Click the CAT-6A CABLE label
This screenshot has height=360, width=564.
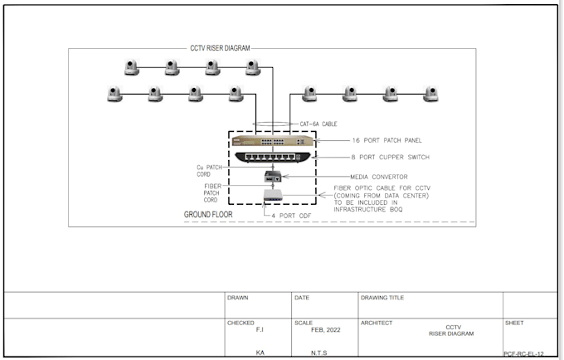click(x=318, y=124)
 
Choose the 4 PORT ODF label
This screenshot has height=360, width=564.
click(x=293, y=216)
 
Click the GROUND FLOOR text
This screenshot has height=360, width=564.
click(x=208, y=215)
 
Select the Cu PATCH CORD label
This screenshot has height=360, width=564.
click(x=209, y=170)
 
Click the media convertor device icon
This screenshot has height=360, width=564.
click(x=271, y=176)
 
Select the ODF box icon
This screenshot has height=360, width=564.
click(x=272, y=196)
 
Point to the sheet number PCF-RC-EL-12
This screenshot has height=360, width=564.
click(x=528, y=353)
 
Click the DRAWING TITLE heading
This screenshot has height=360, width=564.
click(x=382, y=297)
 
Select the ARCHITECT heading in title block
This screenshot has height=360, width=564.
click(x=377, y=323)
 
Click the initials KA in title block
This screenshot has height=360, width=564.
click(x=260, y=353)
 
